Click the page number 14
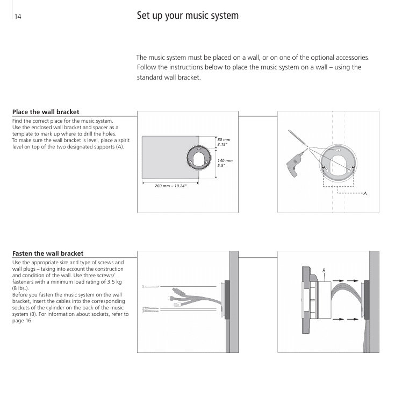[18, 16]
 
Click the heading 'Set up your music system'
[188, 16]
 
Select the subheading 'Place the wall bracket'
[46, 112]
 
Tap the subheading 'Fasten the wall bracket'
[47, 253]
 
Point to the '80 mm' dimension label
[224, 139]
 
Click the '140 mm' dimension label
[225, 160]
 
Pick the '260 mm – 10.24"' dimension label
[170, 186]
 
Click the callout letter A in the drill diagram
[365, 193]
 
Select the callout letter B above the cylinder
[324, 270]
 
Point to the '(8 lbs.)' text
[21, 288]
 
